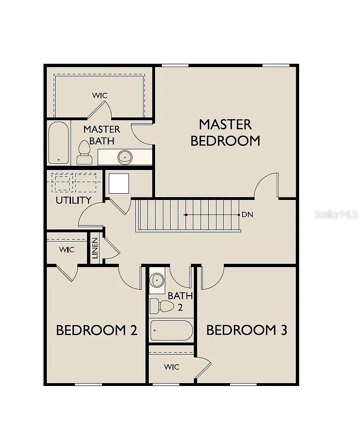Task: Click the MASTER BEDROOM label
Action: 225,133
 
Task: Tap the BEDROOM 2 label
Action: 97,330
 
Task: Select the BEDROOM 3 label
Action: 246,330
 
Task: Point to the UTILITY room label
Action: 73,200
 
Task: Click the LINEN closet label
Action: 95,248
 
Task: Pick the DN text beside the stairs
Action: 247,214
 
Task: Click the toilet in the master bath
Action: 84,153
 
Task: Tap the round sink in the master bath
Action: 125,157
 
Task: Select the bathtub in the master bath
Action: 58,143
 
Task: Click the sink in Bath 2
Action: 157,280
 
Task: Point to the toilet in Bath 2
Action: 162,306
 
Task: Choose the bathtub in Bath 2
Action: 171,330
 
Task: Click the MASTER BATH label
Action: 102,135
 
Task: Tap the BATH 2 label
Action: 180,301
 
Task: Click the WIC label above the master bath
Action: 100,96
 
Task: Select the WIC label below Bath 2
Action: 172,367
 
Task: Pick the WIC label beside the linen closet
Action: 67,249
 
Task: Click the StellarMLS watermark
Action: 336,214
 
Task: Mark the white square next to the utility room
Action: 119,184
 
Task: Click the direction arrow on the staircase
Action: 212,215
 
